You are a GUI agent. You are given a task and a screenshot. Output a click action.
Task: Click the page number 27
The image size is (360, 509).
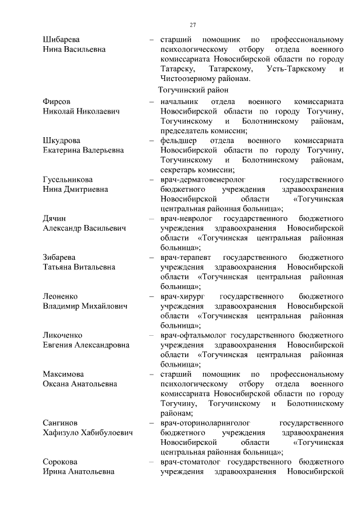[192, 25]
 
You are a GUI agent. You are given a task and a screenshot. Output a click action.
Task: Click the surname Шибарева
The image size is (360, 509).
[61, 39]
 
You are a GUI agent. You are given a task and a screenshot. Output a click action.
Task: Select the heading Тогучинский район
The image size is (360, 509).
[193, 90]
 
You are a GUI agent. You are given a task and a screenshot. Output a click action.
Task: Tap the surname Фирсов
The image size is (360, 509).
[56, 102]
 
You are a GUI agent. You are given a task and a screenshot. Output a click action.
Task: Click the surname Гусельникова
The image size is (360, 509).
[69, 179]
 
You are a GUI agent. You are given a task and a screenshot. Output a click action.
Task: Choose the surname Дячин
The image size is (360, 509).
[55, 218]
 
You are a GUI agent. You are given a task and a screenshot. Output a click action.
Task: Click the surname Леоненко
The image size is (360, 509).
[60, 296]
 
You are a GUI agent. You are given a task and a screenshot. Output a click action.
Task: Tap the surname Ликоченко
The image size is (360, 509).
[63, 335]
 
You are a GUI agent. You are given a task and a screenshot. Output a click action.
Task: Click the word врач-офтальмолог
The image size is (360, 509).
[195, 335]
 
